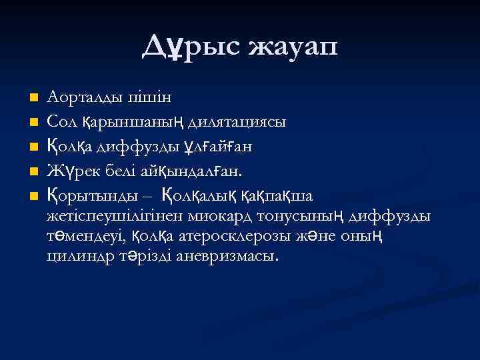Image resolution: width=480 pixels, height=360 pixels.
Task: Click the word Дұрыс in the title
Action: click(x=191, y=47)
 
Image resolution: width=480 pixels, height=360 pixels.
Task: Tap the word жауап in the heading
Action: click(x=293, y=47)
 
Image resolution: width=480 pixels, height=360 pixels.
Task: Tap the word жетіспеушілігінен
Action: click(x=115, y=216)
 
